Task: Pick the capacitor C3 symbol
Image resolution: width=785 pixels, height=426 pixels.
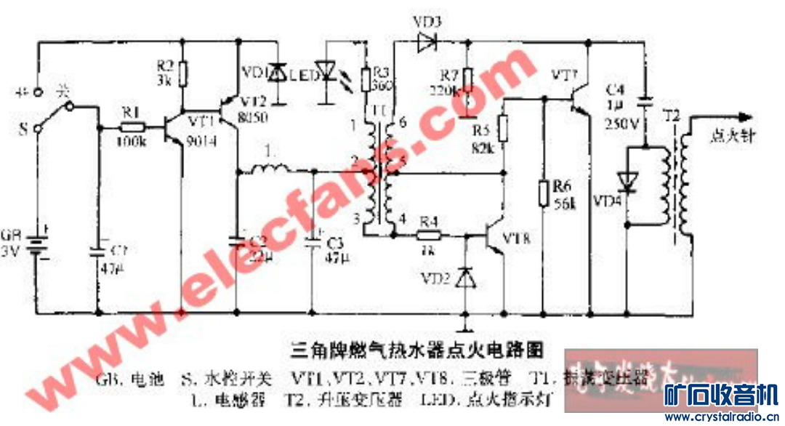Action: (x=313, y=238)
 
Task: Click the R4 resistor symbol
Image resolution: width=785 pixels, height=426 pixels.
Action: (x=429, y=235)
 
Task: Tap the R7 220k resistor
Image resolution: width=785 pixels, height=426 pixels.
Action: (x=468, y=79)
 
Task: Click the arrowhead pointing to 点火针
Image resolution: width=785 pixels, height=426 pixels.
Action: (x=740, y=116)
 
